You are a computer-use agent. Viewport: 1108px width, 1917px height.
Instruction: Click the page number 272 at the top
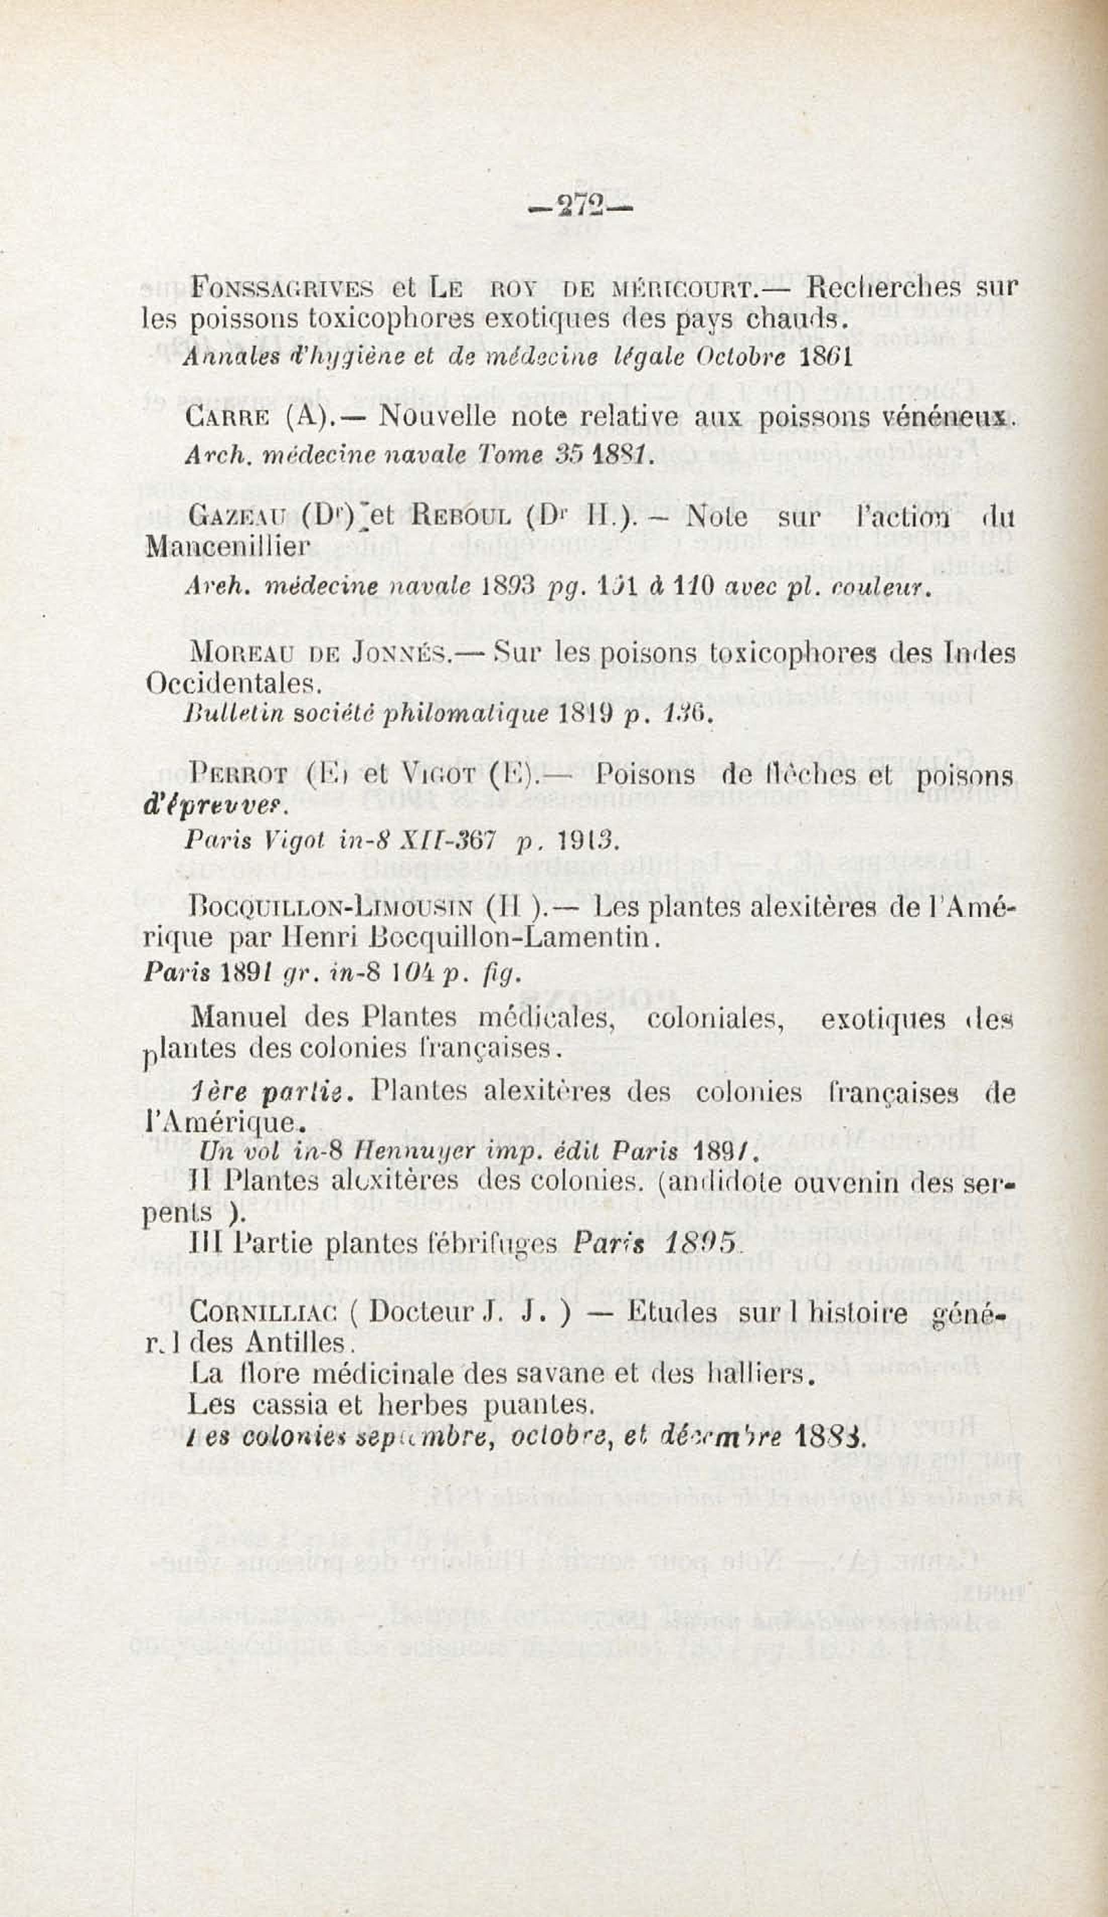[x=582, y=207]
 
